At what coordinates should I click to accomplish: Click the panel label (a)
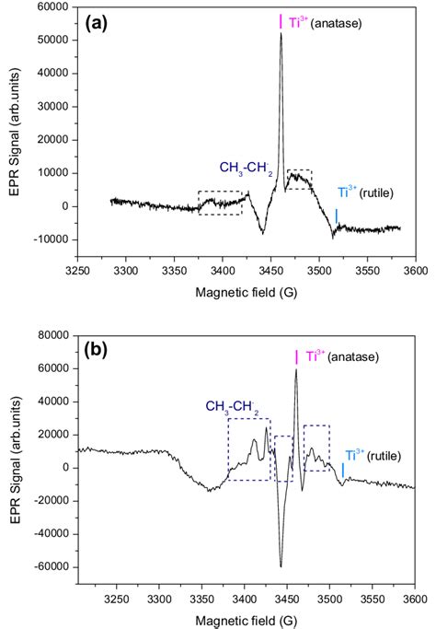pyautogui.click(x=98, y=20)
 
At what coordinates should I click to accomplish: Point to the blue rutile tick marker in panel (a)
pyautogui.click(x=336, y=216)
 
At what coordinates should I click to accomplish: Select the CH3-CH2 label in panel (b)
pyautogui.click(x=232, y=405)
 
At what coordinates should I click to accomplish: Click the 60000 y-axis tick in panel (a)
pyautogui.click(x=53, y=7)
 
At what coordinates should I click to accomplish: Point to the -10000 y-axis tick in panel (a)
pyautogui.click(x=52, y=239)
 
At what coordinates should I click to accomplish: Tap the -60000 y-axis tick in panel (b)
pyautogui.click(x=52, y=566)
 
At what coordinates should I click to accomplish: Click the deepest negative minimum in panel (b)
pyautogui.click(x=281, y=565)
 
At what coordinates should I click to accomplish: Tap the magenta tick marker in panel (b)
pyautogui.click(x=296, y=356)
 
